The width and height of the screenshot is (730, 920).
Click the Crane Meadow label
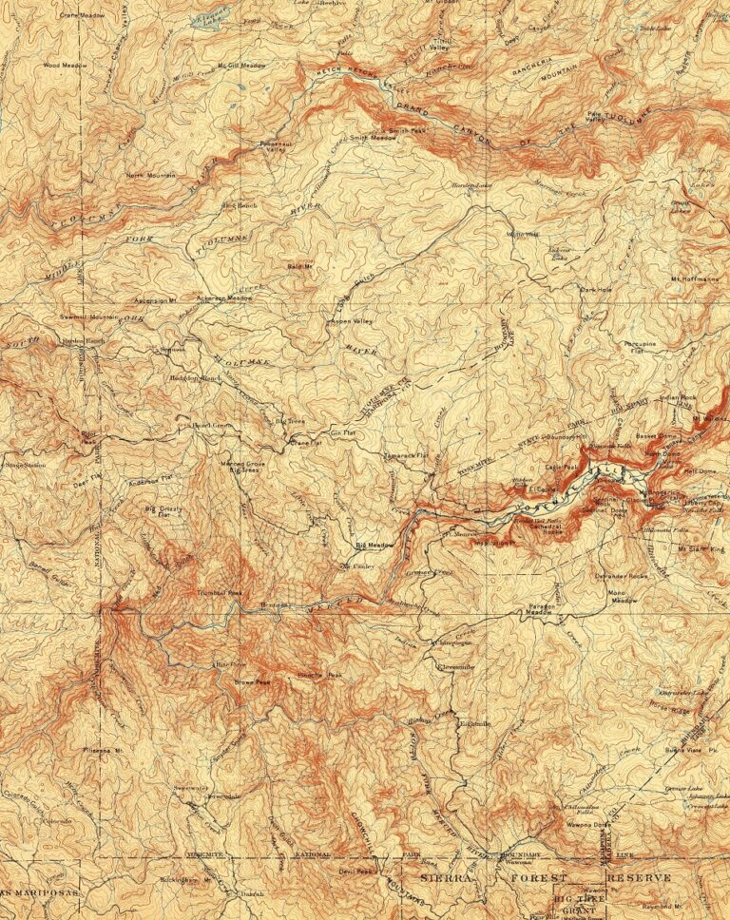(x=82, y=16)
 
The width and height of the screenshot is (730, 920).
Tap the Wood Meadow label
(x=65, y=66)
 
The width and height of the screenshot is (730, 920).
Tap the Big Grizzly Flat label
(x=163, y=513)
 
